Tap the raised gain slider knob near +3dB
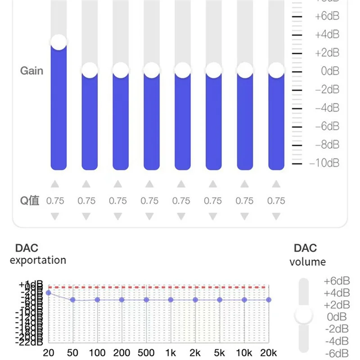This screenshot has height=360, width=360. pos(58,42)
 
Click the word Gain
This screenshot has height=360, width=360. pos(31,71)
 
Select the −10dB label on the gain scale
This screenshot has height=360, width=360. pos(324,163)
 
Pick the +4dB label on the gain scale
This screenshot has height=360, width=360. pos(327,35)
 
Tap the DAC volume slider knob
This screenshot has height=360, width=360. pos(304,315)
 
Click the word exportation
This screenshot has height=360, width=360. pos(38,260)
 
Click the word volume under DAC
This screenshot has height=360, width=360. pos(307,262)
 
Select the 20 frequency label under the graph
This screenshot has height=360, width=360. pos(48,352)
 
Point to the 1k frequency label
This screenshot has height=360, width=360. pos(170,352)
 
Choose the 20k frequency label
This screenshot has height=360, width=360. pos(268,352)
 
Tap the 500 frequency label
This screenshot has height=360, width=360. pos(146,352)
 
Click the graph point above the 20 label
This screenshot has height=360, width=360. pos(48,293)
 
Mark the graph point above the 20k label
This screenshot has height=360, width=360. pos(269,300)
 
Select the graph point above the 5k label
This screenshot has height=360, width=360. pos(220,300)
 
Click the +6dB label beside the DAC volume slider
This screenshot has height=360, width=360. pos(337,281)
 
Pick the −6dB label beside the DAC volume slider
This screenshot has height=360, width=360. pos(337,353)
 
